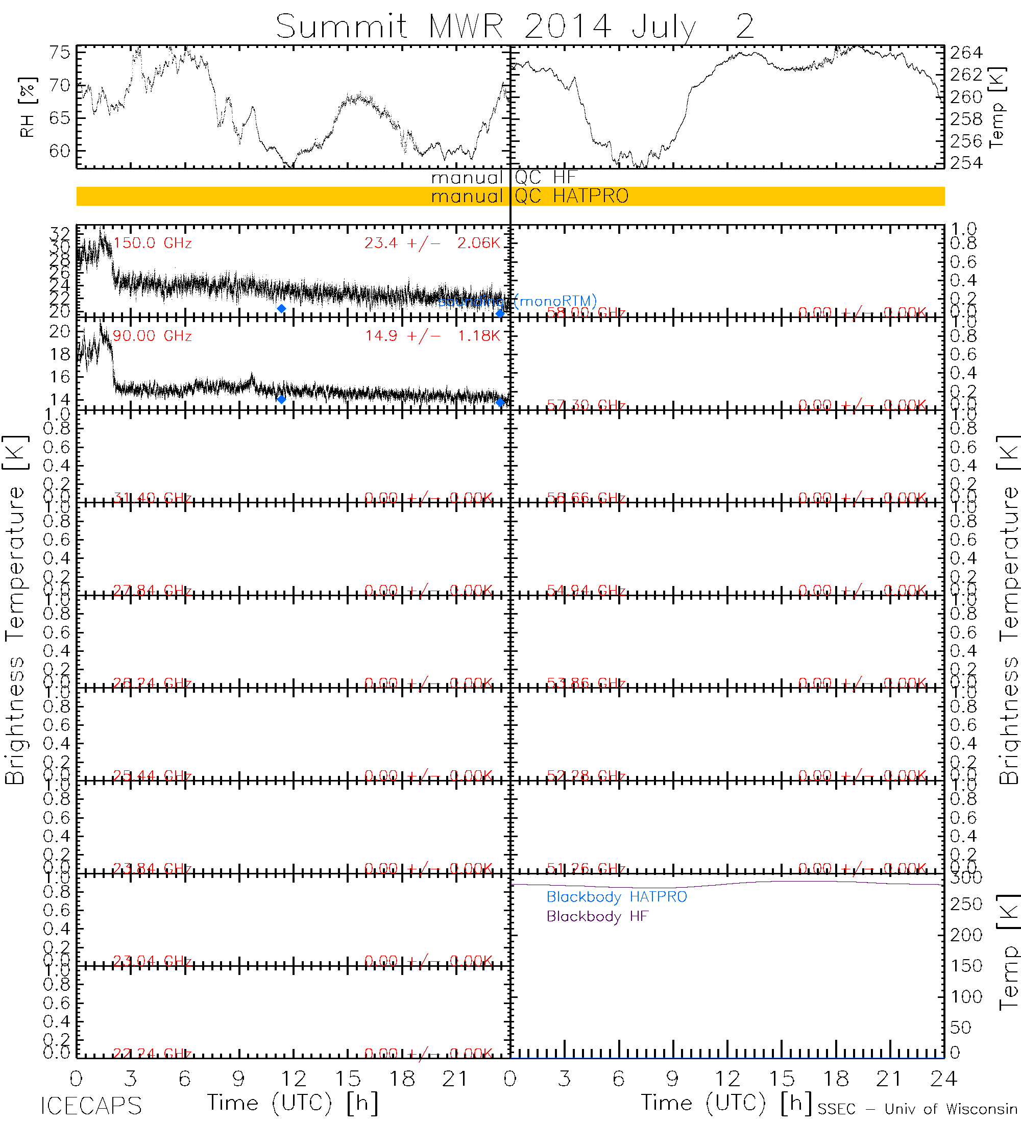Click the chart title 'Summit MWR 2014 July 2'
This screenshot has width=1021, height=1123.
[x=515, y=26]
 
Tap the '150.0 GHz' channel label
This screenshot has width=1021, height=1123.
[x=153, y=243]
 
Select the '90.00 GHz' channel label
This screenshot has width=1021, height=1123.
[x=152, y=336]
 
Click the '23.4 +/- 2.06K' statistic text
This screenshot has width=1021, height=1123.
[x=432, y=243]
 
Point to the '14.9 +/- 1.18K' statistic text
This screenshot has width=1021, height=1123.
[x=432, y=336]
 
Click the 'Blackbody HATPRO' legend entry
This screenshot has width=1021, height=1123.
[x=617, y=897]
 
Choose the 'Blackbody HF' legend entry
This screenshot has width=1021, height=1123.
[x=597, y=916]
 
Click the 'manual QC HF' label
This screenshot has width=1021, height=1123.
[x=503, y=178]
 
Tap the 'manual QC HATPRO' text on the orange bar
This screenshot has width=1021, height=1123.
[x=529, y=196]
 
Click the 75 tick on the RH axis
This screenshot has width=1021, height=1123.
[x=60, y=53]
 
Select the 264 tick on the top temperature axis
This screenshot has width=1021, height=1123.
[x=966, y=53]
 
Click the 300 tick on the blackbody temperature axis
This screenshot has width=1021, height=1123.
[x=966, y=878]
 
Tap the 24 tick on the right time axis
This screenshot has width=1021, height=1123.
[x=943, y=1079]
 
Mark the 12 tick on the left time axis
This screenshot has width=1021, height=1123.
[x=294, y=1079]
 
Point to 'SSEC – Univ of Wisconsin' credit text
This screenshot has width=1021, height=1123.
[x=917, y=1109]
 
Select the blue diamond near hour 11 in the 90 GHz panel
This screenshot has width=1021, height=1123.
[x=281, y=399]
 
